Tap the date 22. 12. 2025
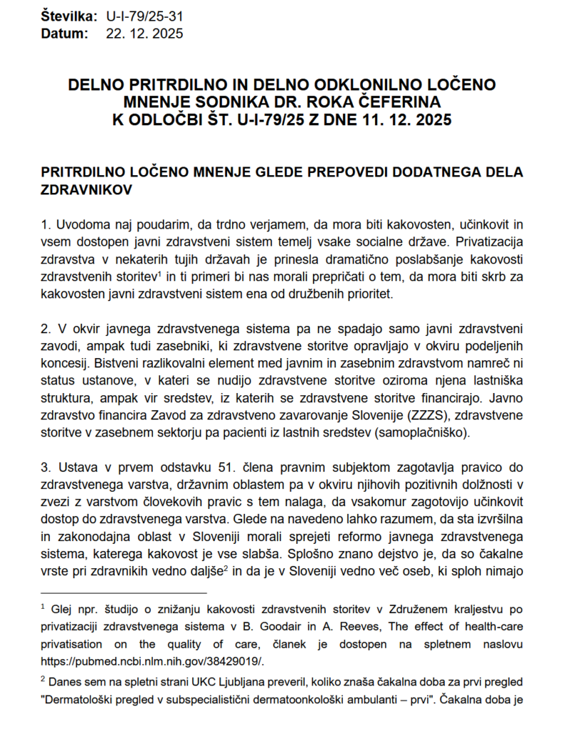[x=144, y=33]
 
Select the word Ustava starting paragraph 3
[x=75, y=467]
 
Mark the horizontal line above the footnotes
[x=124, y=592]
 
